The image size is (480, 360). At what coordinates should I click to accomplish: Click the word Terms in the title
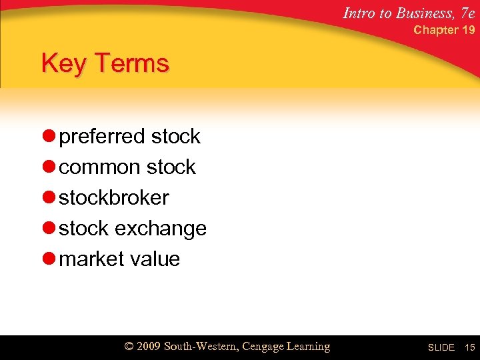point(132,64)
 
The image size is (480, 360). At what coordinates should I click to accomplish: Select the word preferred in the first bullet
point(103,137)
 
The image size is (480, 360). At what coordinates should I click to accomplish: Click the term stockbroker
point(114,198)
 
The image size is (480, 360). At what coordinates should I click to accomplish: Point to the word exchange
point(161,229)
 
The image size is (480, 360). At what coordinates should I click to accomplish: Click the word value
point(153,259)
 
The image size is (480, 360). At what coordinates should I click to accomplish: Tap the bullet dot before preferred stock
point(49,137)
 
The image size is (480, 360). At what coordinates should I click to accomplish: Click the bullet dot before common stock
point(49,167)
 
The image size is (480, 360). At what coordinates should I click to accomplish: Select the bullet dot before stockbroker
point(49,198)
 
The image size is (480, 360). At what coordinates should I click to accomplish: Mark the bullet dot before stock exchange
point(49,229)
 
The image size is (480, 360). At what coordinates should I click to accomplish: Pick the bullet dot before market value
point(49,259)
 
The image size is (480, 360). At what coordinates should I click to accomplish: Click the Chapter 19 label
point(444,30)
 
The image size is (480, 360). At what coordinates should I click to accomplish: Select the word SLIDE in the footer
point(441,348)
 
